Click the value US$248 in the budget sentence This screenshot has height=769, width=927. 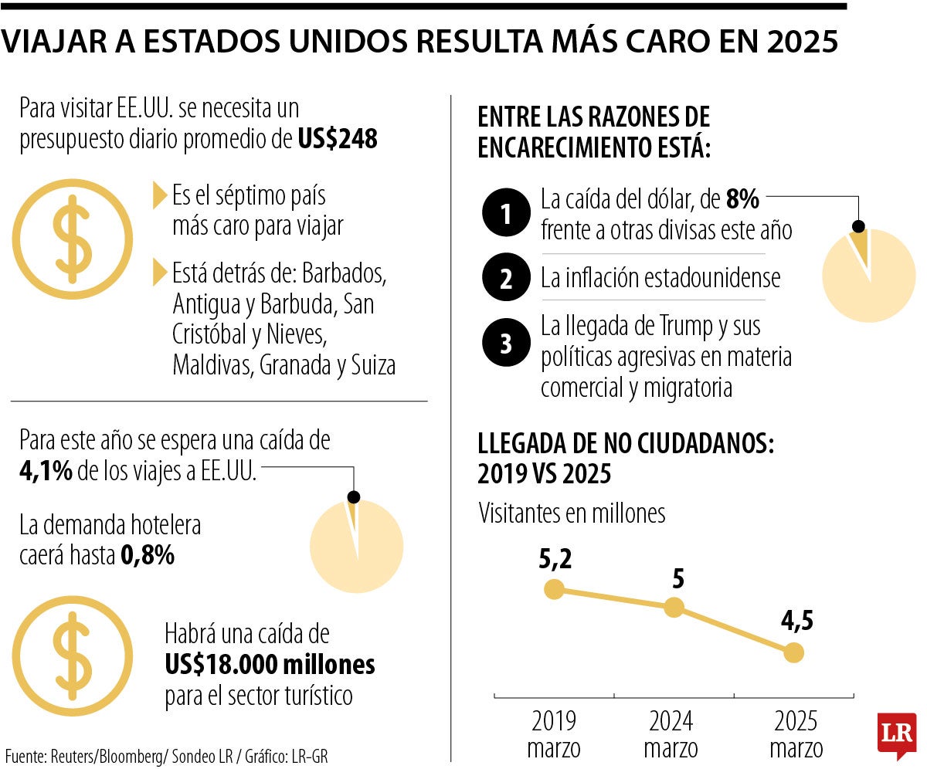click(x=338, y=140)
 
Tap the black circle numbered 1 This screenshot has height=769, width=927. click(x=506, y=215)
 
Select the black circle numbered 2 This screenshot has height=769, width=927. click(x=506, y=278)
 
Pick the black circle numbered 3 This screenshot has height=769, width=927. click(x=506, y=343)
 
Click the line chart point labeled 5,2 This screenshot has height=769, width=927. click(x=554, y=590)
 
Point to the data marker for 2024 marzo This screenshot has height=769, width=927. click(x=674, y=608)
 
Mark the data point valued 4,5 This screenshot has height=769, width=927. click(x=793, y=653)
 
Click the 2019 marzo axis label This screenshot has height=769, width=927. click(x=554, y=734)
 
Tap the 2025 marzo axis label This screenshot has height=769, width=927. click(x=796, y=734)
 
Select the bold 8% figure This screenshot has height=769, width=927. click(x=742, y=201)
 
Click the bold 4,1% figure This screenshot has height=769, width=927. click(x=46, y=471)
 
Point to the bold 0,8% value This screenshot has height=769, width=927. click(x=147, y=555)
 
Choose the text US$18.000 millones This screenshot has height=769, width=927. click(x=270, y=664)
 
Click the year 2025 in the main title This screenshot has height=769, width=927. click(x=803, y=43)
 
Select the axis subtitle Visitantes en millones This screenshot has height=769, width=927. click(x=572, y=513)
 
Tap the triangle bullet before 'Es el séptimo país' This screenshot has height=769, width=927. click(x=160, y=195)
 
